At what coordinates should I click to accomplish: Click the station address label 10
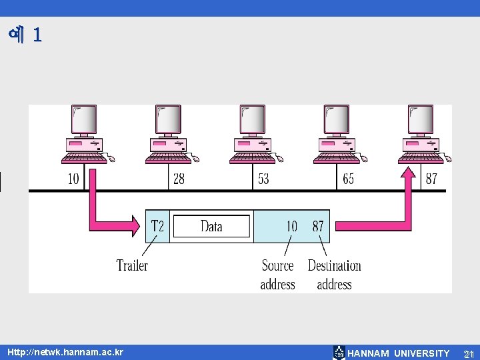pos(73,179)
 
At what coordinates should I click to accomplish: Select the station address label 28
pos(179,179)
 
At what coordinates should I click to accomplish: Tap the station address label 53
pos(263,179)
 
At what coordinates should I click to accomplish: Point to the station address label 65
pos(348,179)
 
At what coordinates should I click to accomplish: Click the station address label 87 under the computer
pos(431,179)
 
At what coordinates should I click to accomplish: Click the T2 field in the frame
pos(157,226)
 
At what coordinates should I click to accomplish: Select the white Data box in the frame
pos(211,226)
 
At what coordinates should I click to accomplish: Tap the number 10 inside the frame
pos(291,226)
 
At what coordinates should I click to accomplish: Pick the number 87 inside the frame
pos(318,226)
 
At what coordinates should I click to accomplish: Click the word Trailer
pos(132,265)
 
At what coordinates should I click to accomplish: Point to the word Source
pos(277,265)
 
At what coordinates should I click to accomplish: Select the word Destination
pos(334,265)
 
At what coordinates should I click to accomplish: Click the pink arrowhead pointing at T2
pos(137,221)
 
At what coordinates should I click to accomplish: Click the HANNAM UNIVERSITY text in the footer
pos(399,353)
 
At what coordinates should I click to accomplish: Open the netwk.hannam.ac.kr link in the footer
pos(65,351)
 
